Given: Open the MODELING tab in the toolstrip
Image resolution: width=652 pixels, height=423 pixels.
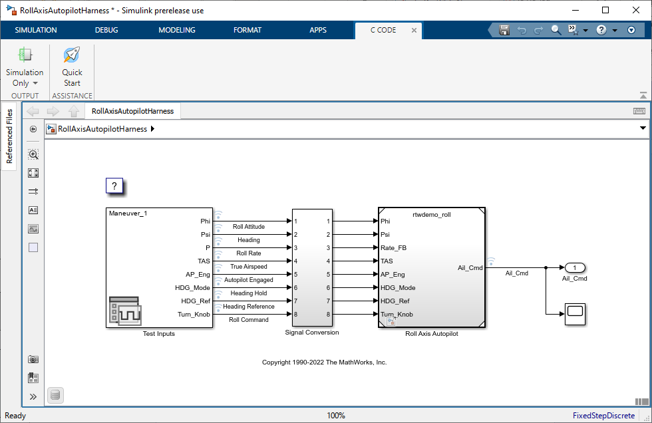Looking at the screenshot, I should [x=176, y=30].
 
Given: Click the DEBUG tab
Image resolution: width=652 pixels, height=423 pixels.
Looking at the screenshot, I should [x=106, y=30].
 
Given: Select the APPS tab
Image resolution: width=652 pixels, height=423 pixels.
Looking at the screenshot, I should [x=318, y=30].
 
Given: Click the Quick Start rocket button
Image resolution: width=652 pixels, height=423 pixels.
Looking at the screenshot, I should [x=72, y=67].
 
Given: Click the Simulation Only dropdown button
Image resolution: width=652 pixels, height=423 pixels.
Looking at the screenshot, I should [x=25, y=77].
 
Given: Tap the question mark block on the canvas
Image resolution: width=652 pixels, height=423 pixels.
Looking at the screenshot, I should [x=114, y=186].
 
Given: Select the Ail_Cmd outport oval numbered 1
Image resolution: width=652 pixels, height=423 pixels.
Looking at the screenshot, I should [x=574, y=267].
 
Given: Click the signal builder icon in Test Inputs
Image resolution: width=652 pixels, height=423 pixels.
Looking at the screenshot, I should [x=123, y=311].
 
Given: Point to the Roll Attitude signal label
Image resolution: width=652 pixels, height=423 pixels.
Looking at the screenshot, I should [x=249, y=227].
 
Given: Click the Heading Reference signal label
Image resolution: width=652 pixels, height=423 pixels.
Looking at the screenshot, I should [x=249, y=307].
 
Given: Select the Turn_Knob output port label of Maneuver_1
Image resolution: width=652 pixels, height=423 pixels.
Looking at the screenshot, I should [x=194, y=315].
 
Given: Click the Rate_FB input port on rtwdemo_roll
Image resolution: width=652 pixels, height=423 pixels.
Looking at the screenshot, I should [x=393, y=248].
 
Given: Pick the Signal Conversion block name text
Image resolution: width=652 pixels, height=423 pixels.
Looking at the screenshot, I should [x=311, y=333].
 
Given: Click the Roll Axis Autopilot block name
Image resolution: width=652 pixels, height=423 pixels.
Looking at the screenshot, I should [x=431, y=334].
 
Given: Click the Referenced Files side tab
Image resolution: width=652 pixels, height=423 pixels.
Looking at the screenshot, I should [x=9, y=137].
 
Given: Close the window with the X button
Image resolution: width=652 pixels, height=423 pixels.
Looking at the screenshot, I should [x=635, y=10].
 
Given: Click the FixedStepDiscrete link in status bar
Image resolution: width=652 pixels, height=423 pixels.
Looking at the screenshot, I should [x=603, y=416].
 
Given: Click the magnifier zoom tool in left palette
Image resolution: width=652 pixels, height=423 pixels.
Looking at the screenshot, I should [x=33, y=154].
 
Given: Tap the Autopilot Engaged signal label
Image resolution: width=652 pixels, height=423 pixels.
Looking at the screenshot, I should [x=249, y=280].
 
